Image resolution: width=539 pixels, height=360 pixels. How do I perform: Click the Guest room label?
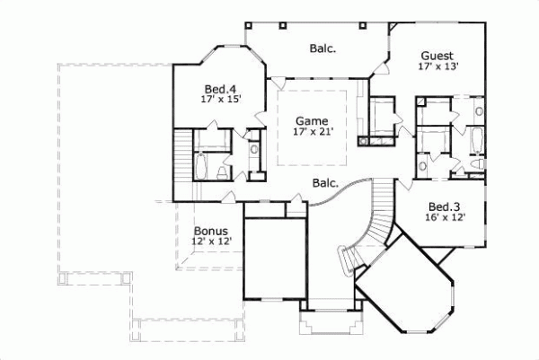tap(436, 55)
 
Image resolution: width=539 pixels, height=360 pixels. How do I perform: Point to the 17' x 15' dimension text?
tap(220, 101)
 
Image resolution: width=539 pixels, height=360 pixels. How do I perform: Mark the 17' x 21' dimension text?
tap(313, 132)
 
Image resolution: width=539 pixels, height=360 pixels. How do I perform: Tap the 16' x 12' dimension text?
tap(445, 216)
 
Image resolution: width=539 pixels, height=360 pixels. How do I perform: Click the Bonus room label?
tap(209, 230)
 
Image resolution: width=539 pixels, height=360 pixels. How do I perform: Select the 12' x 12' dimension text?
tap(212, 241)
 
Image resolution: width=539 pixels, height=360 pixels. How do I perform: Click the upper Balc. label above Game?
tap(323, 48)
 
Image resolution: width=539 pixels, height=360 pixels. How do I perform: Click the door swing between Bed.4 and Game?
tap(260, 116)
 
